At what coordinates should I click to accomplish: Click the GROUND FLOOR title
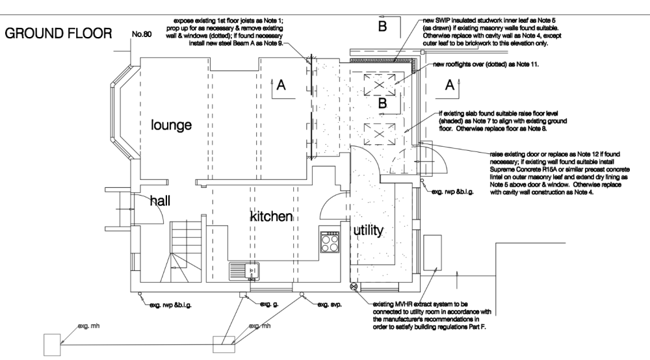pyautogui.click(x=59, y=33)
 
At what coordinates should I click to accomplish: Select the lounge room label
pyautogui.click(x=171, y=125)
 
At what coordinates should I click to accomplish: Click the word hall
pyautogui.click(x=160, y=201)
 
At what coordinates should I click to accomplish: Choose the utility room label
pyautogui.click(x=368, y=230)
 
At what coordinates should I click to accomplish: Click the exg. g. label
pyautogui.click(x=269, y=303)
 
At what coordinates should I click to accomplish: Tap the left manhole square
pyautogui.click(x=51, y=342)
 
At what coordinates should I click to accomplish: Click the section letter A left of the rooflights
pyautogui.click(x=281, y=84)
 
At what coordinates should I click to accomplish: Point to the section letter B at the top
pyautogui.click(x=382, y=26)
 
